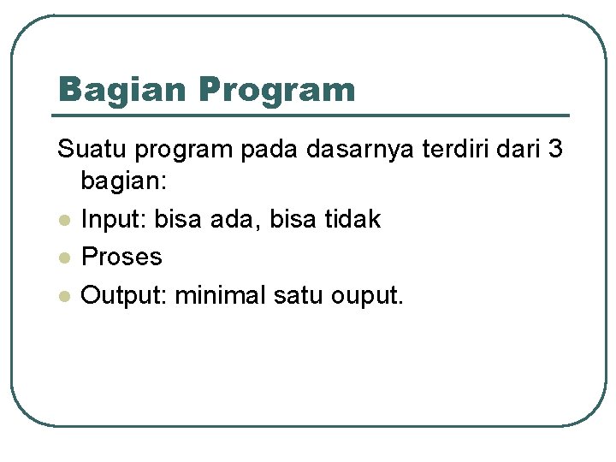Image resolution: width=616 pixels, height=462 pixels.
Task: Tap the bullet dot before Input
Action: click(x=63, y=221)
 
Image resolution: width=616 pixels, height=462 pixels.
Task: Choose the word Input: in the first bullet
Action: click(x=114, y=220)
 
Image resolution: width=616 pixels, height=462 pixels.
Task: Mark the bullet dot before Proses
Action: click(x=63, y=258)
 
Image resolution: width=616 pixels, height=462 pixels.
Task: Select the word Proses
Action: click(x=121, y=257)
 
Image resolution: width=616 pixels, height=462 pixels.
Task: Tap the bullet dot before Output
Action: click(x=63, y=296)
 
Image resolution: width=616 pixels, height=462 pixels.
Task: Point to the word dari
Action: click(x=518, y=150)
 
